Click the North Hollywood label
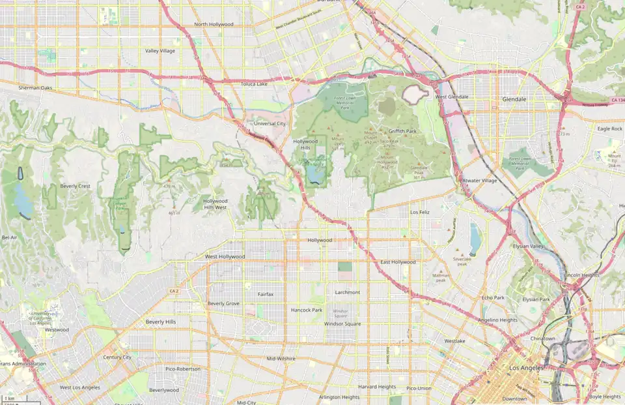214,25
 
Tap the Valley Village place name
160,51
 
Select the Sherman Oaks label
35,87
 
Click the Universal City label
270,123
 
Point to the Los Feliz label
420,213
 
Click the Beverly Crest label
75,186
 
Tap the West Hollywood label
225,257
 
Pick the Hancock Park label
307,310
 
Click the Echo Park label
493,297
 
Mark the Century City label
117,357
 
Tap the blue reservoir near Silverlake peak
475,239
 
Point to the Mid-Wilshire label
281,359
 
